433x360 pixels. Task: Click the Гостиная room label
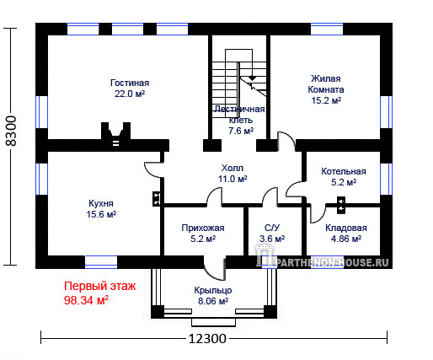pyautogui.click(x=130, y=83)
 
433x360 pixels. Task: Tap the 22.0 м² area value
pyautogui.click(x=130, y=94)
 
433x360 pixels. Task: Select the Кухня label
pyautogui.click(x=101, y=203)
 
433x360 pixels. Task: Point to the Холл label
pyautogui.click(x=233, y=168)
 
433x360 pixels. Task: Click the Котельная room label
pyautogui.click(x=344, y=171)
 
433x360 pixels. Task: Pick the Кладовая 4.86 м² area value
pyautogui.click(x=346, y=239)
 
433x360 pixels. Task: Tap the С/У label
pyautogui.click(x=272, y=228)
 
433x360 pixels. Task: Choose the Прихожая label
pyautogui.click(x=203, y=228)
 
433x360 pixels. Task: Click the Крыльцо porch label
pyautogui.click(x=213, y=290)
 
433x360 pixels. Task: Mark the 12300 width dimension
pyautogui.click(x=207, y=339)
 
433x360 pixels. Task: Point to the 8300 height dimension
pyautogui.click(x=12, y=131)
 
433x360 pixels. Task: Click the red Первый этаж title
pyautogui.click(x=100, y=287)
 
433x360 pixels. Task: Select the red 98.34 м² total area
pyautogui.click(x=86, y=300)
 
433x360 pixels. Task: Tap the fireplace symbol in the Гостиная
pyautogui.click(x=115, y=134)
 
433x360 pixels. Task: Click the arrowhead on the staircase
pyautogui.click(x=252, y=78)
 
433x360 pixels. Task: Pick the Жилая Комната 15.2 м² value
pyautogui.click(x=326, y=100)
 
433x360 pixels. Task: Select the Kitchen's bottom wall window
pyautogui.click(x=101, y=262)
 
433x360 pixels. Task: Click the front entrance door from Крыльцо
pyautogui.click(x=215, y=268)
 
